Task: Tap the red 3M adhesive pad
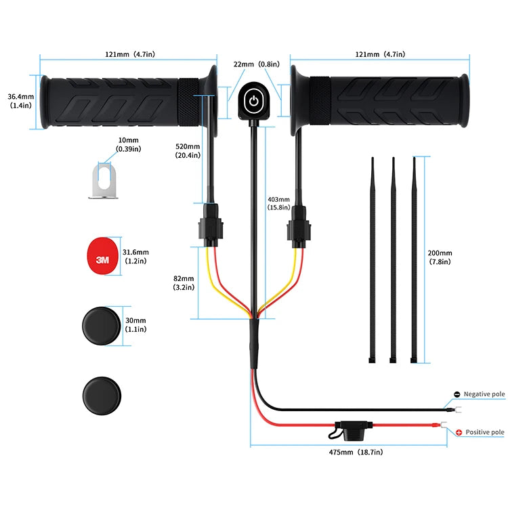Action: point(102,256)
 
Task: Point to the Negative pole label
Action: point(484,394)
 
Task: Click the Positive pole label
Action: point(484,432)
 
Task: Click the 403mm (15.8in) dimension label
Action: point(280,203)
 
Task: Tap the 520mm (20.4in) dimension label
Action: point(188,150)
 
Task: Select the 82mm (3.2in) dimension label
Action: point(184,282)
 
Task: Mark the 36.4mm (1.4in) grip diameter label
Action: point(18,102)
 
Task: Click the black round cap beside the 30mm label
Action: point(102,325)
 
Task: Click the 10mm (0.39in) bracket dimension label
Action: point(128,144)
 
